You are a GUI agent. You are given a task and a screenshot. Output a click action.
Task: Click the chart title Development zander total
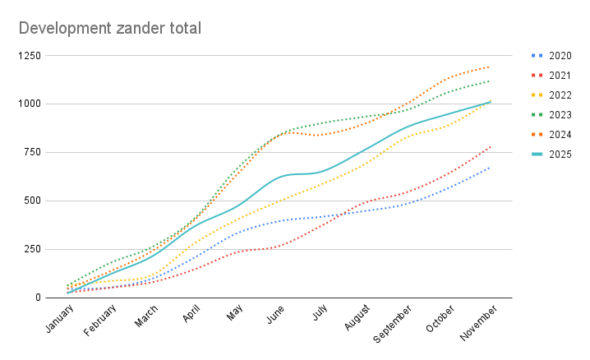pos(110,29)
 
